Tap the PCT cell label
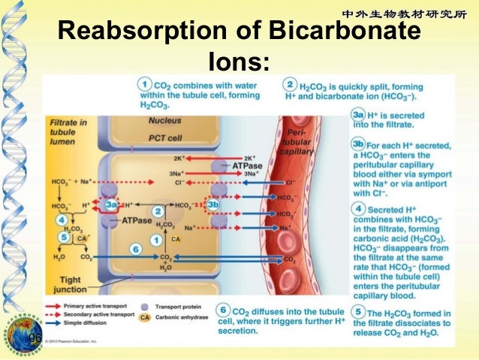pyautogui.click(x=165, y=138)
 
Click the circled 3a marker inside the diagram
pyautogui.click(x=112, y=204)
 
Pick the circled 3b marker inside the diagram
pyautogui.click(x=212, y=204)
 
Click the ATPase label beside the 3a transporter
pyautogui.click(x=137, y=222)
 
